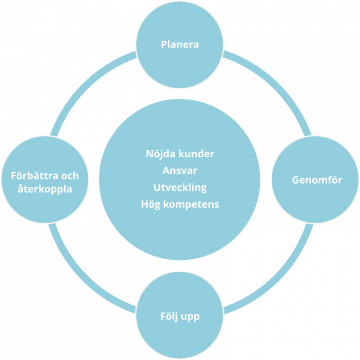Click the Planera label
click(x=180, y=44)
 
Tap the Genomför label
click(x=317, y=179)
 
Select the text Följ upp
click(x=180, y=316)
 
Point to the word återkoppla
click(x=45, y=188)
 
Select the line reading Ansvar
click(x=180, y=170)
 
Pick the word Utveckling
click(x=180, y=187)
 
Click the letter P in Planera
click(x=164, y=44)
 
